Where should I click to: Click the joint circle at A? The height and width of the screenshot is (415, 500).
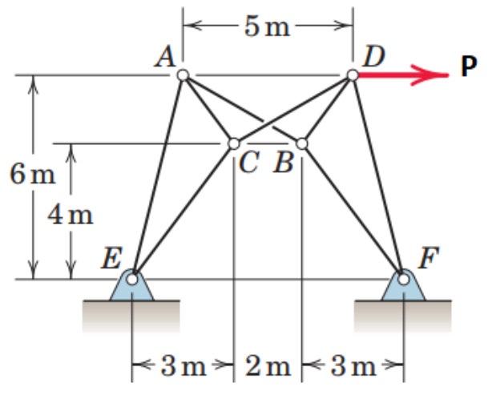tap(183, 75)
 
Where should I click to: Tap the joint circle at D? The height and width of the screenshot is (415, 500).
tap(353, 75)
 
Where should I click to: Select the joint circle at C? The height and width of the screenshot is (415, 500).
tap(233, 143)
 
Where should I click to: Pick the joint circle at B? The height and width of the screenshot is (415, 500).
tap(301, 143)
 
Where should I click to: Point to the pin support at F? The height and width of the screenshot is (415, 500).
tap(403, 284)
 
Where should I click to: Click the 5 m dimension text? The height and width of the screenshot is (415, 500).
tap(268, 27)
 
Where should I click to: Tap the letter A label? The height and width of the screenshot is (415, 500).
tap(167, 57)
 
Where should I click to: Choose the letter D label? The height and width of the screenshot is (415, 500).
tap(373, 57)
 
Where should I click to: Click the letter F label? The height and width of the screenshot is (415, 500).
tap(427, 260)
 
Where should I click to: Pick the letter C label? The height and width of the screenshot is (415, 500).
tap(248, 163)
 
